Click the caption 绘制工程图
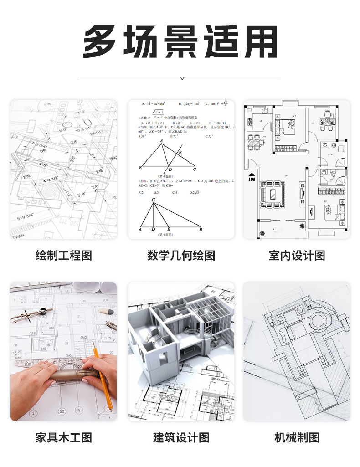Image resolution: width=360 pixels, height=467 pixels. pos(64,255)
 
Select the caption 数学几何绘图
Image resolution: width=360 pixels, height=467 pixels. pos(181,255)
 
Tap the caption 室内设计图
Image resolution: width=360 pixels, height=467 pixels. pos(297,255)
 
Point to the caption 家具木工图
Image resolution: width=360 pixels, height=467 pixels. pos(64,438)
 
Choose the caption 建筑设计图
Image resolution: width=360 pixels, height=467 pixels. pos(181,438)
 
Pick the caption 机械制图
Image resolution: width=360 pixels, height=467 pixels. pos(297,438)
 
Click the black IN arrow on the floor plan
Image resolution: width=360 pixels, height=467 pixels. pos(252,177)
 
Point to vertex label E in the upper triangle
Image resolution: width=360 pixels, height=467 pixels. pos(180,152)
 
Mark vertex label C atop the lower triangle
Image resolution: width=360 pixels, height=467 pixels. pos(153,200)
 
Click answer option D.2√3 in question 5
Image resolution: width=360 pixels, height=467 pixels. pos(195,193)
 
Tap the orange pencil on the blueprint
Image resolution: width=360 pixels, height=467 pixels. pos(103,378)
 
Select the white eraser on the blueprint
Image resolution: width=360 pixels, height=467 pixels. pos(105,311)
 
